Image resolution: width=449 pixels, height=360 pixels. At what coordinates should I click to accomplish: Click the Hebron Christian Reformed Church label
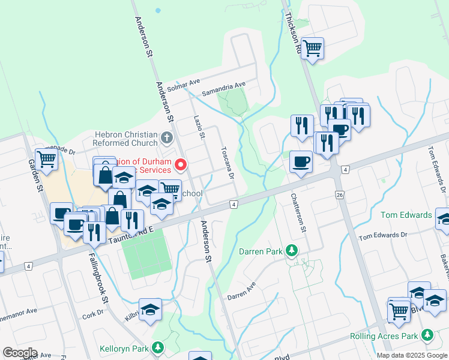pos(125,139)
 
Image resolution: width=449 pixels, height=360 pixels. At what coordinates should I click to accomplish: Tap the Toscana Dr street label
pos(227,163)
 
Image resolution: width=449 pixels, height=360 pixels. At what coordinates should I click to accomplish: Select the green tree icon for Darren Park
pos(292,250)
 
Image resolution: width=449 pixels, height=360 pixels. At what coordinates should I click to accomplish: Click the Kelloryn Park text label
pos(124,347)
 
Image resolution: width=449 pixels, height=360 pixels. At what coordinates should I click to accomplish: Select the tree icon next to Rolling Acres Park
pos(427,334)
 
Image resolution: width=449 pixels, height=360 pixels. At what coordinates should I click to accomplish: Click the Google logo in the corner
pos(20,352)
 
